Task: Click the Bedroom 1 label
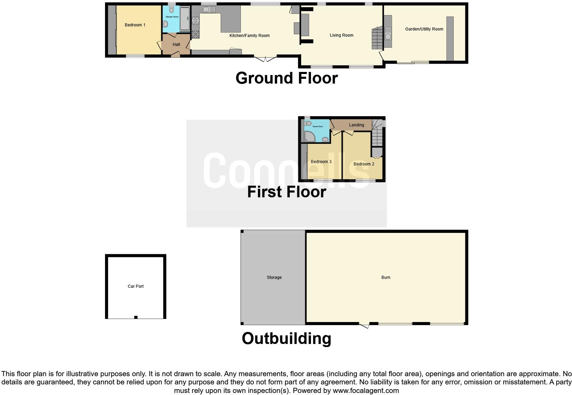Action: coord(135,25)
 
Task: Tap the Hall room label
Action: coord(176,45)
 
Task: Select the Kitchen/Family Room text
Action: coord(249,36)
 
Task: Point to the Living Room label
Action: coord(341,35)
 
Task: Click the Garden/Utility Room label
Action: coord(424,29)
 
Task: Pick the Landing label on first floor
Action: coord(356,125)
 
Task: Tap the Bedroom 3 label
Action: coord(321,162)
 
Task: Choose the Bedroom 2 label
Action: coord(364,164)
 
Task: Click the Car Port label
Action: coord(135,286)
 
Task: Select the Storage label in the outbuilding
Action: coord(274,277)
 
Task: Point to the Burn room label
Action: coord(386,277)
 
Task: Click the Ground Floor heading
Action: coord(286,78)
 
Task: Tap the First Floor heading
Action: coord(286,192)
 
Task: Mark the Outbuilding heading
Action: coord(286,338)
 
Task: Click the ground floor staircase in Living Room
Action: coord(377,38)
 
